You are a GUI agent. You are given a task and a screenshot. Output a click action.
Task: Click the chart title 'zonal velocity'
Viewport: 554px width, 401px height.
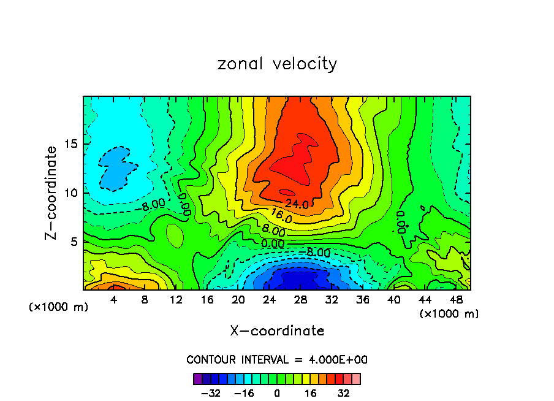click(277, 64)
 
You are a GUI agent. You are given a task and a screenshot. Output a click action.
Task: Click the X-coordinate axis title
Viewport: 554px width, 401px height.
click(277, 331)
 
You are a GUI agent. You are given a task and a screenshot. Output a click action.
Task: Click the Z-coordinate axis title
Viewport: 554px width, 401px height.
click(51, 193)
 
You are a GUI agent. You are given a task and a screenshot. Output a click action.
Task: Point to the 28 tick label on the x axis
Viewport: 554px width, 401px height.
click(300, 300)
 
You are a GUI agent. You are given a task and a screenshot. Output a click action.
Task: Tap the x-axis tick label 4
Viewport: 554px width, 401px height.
click(114, 300)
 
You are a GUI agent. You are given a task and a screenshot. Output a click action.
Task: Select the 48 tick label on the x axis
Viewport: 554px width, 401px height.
click(456, 300)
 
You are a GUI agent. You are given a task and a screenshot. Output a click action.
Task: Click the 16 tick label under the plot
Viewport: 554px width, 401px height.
click(207, 300)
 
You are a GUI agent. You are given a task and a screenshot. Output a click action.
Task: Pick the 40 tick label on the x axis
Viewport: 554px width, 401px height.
click(393, 300)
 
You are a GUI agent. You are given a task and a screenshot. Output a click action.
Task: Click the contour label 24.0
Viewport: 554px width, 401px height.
click(297, 205)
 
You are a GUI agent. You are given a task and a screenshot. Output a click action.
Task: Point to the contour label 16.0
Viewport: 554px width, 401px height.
click(281, 218)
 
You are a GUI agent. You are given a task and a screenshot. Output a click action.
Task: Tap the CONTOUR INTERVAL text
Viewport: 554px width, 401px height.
click(277, 359)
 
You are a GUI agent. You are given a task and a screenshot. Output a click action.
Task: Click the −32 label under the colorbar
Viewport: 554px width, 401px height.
click(210, 393)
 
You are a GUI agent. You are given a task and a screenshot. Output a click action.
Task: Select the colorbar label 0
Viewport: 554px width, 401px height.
click(277, 393)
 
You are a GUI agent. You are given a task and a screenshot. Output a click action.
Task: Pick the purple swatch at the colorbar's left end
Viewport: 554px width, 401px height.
click(197, 378)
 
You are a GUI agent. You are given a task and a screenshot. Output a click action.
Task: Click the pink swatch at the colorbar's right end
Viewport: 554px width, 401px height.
click(356, 378)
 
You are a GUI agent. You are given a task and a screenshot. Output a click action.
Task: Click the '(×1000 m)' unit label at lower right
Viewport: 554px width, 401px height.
click(449, 313)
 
